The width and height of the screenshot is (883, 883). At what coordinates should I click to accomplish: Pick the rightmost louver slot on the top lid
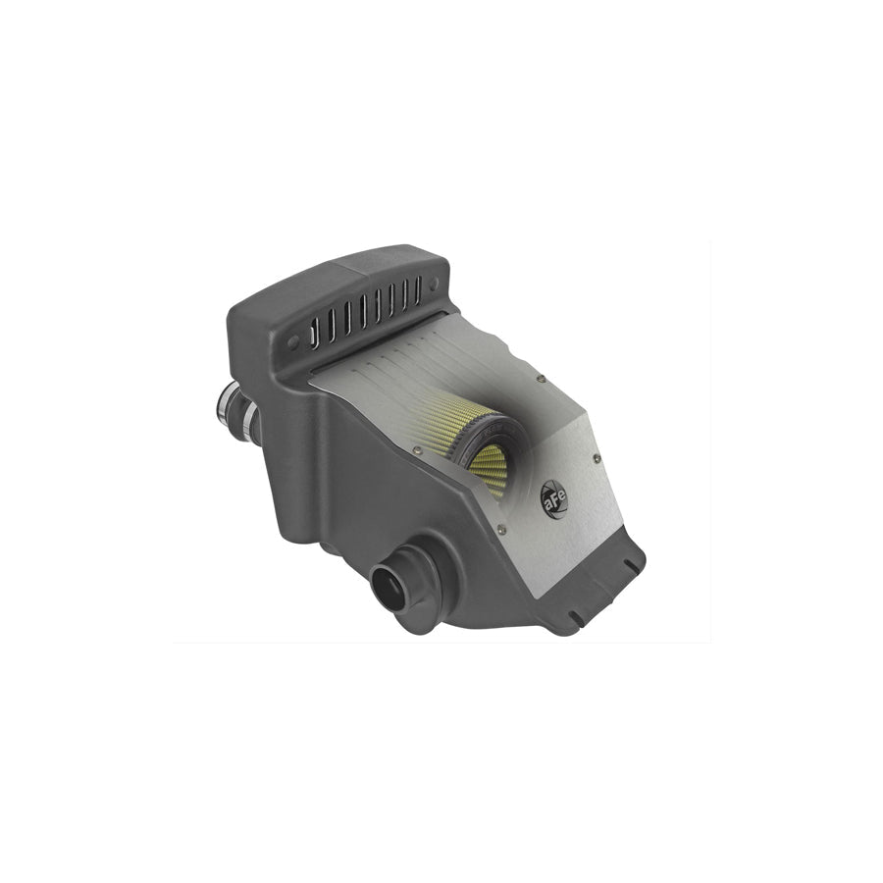pos(418,291)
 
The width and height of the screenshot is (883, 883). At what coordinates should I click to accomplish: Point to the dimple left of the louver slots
pos(292,341)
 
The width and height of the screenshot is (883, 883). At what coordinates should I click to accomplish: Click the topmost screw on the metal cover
pos(542,379)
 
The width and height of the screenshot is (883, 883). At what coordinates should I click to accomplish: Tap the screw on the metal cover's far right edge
pos(597,459)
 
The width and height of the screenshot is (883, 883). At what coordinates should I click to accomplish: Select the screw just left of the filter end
pos(417,448)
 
